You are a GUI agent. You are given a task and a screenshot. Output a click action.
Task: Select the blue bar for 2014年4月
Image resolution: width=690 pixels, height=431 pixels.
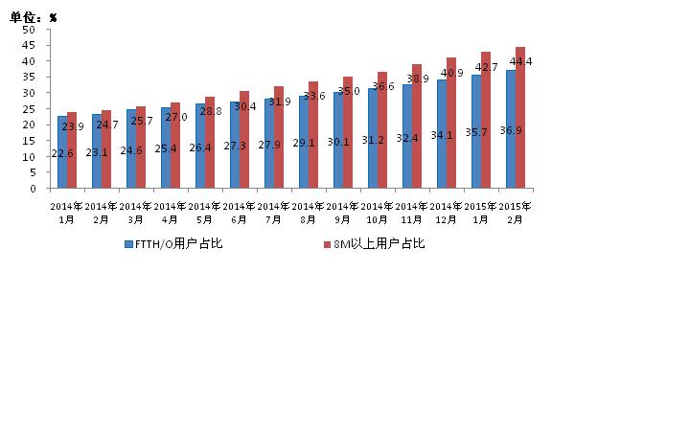tap(166, 158)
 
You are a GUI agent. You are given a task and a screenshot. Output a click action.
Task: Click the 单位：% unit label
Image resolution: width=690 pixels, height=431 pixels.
tap(34, 17)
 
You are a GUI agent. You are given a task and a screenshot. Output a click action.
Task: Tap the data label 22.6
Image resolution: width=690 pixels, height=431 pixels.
tap(61, 153)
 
